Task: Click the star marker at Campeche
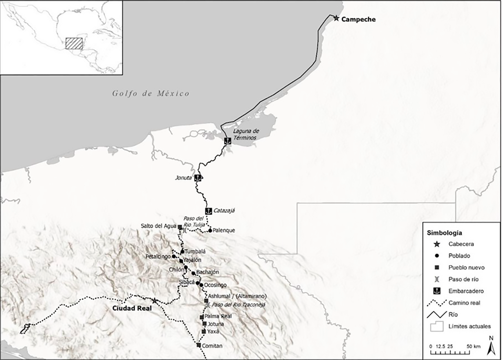(336, 18)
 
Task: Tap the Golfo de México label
(151, 93)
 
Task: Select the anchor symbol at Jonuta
(198, 178)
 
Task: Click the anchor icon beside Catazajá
(208, 211)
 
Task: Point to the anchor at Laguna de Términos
(228, 141)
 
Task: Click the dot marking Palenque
(210, 230)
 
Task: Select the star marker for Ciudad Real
(154, 301)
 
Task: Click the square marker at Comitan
(199, 345)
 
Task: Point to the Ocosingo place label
(215, 285)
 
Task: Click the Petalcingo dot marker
(173, 257)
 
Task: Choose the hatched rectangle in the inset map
(74, 44)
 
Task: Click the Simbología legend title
(444, 233)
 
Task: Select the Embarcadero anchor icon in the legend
(437, 291)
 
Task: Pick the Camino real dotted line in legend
(437, 303)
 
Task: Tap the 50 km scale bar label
(474, 346)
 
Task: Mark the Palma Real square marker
(202, 317)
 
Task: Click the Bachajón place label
(207, 272)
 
